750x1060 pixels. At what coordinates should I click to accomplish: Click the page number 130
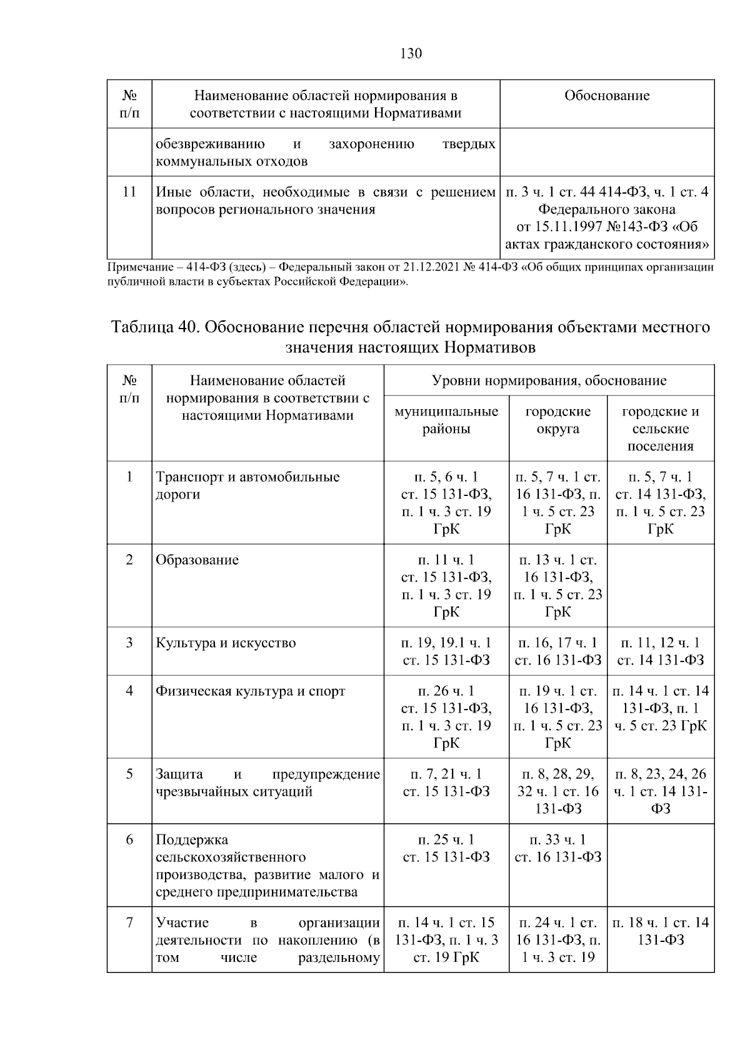click(x=411, y=53)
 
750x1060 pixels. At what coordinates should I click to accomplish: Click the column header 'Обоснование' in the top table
click(x=606, y=96)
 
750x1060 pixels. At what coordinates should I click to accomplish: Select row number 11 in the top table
click(x=129, y=192)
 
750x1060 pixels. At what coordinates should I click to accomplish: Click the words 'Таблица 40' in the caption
click(x=152, y=327)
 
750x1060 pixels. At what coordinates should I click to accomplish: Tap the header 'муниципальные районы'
click(x=446, y=420)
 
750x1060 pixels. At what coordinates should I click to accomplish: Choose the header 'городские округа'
click(x=557, y=420)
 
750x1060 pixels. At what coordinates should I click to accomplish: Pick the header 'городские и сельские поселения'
click(x=660, y=428)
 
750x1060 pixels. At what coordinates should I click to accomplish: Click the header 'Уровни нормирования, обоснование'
click(x=549, y=380)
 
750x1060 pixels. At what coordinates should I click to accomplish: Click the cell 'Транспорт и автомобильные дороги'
click(x=247, y=485)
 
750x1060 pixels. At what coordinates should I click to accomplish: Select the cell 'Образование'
click(x=197, y=560)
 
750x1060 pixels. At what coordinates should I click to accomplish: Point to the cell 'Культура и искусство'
click(x=226, y=643)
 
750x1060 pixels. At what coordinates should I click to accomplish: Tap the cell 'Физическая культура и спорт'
click(x=250, y=691)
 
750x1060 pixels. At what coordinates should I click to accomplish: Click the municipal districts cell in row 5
click(x=446, y=783)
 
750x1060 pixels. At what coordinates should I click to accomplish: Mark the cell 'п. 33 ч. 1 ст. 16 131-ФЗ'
click(x=557, y=848)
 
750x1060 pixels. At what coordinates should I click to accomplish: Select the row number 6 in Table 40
click(x=129, y=840)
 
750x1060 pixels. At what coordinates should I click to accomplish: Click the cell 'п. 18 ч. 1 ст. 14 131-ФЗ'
click(x=660, y=931)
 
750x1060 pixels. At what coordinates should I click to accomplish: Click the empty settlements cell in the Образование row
click(x=660, y=585)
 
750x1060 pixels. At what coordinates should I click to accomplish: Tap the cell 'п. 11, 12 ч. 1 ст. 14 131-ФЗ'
click(x=660, y=651)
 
